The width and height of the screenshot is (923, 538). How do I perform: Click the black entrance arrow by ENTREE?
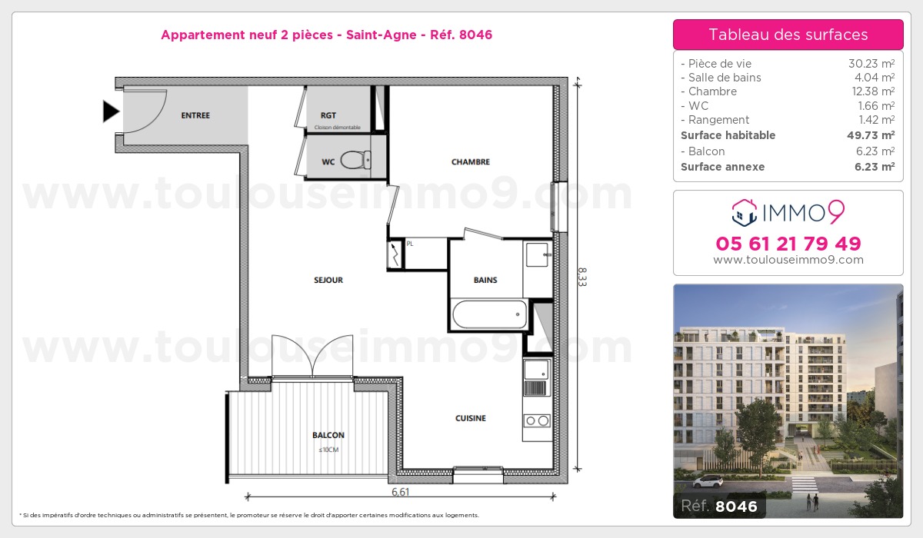112,112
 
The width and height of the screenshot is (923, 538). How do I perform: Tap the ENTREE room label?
195,116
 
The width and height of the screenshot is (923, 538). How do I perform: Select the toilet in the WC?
354,160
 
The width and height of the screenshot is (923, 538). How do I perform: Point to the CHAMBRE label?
470,162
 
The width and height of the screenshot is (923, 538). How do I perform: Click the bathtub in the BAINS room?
490,314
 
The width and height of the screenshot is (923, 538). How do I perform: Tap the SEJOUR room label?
328,281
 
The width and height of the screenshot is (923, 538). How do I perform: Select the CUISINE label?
470,419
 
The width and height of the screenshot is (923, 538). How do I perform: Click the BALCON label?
328,435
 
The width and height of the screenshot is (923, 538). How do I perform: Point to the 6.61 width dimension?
400,492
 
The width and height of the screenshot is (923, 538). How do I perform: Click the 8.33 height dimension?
582,276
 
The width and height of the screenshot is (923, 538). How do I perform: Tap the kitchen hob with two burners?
537,420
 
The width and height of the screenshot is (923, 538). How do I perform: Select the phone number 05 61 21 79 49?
788,244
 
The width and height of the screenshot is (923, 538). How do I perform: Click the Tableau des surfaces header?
788,35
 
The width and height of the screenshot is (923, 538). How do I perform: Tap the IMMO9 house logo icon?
744,211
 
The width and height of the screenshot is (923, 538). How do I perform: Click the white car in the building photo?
708,482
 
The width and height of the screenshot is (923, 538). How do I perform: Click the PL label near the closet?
410,244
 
